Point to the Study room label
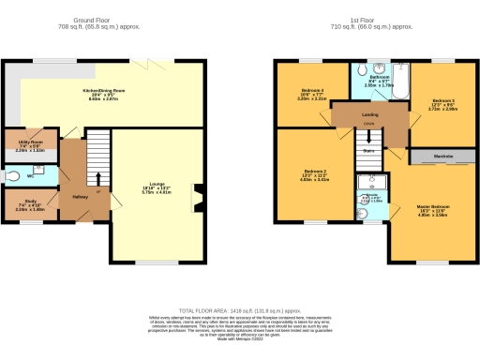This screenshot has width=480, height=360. [x=18, y=204]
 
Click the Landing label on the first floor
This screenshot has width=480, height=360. [x=370, y=113]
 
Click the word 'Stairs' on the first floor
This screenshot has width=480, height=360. [x=369, y=148]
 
